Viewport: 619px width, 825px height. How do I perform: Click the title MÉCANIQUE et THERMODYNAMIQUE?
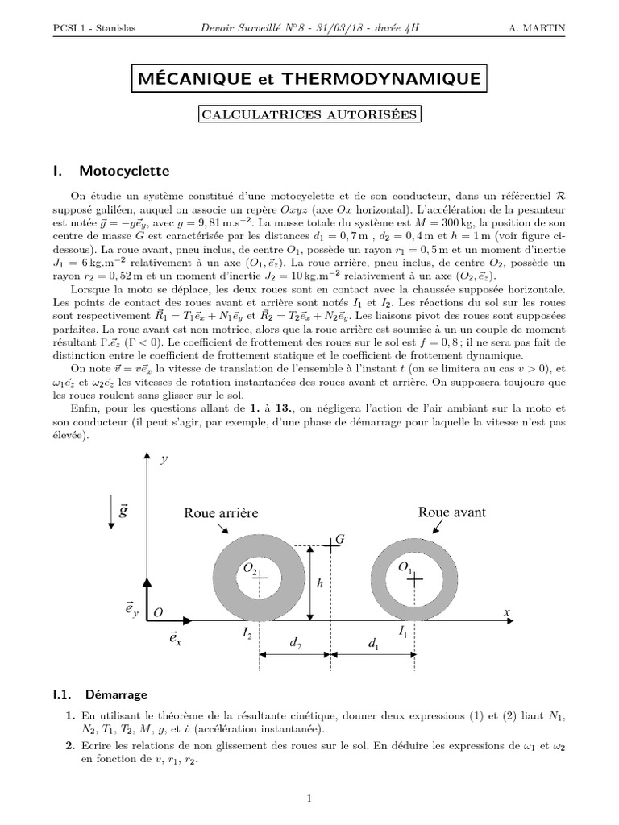[309, 78]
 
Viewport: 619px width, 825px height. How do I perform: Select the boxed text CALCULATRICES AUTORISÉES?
[309, 115]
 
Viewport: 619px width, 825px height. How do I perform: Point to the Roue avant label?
[450, 512]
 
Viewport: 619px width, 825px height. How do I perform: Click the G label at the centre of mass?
[340, 537]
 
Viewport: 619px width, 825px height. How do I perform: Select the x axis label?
[508, 613]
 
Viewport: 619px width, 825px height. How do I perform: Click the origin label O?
[158, 613]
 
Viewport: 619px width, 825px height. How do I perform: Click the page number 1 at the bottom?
[309, 798]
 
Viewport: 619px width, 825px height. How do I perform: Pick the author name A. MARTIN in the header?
[538, 29]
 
